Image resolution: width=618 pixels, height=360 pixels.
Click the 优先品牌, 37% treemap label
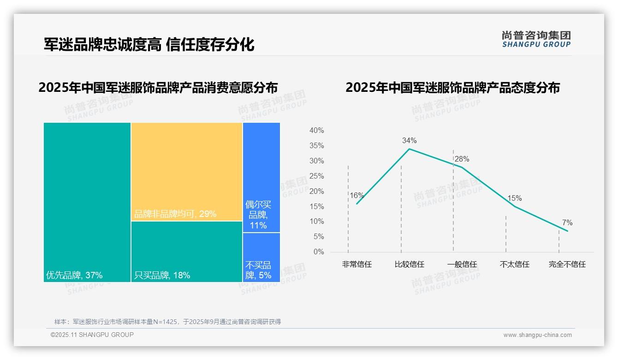(74, 276)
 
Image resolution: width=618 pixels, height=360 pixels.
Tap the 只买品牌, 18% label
(162, 276)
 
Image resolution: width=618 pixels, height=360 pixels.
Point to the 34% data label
(409, 141)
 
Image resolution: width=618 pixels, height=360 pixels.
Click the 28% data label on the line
(462, 159)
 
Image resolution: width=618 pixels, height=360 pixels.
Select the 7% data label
(567, 223)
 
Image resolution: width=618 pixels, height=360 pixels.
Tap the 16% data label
(357, 196)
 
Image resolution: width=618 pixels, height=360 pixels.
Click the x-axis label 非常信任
(357, 264)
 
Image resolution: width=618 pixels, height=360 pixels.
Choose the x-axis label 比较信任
(409, 264)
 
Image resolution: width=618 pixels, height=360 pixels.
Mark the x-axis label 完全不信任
(567, 264)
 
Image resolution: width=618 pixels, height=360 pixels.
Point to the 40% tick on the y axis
(316, 131)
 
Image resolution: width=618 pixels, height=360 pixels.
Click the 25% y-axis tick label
(316, 176)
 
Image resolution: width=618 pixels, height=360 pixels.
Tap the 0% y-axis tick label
(319, 252)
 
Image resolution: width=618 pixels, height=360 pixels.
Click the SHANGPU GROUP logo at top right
(536, 39)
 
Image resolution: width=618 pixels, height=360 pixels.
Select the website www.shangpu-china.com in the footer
(537, 335)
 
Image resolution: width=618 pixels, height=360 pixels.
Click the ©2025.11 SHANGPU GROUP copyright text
(92, 335)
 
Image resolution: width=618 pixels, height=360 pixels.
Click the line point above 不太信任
(515, 206)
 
